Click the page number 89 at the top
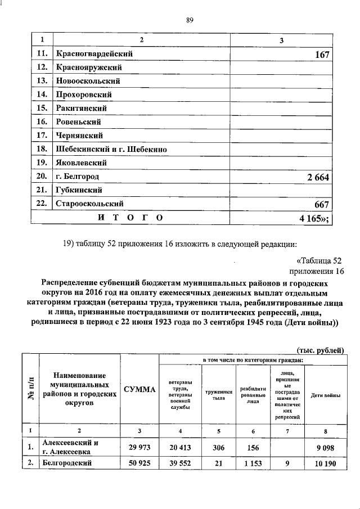point(190,21)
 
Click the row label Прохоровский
point(83,94)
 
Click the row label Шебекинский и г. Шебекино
point(111,150)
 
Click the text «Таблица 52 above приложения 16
point(318,260)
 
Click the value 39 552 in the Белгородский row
point(179,463)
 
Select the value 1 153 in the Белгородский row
point(253,463)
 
